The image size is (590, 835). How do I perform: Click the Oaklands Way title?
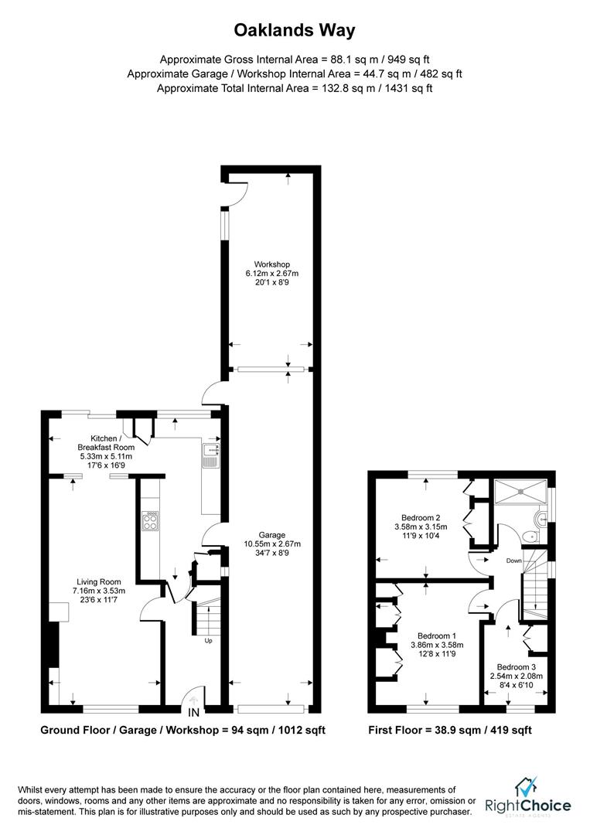pyautogui.click(x=295, y=31)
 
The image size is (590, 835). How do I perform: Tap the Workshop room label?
pyautogui.click(x=267, y=264)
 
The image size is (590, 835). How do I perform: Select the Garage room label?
pyautogui.click(x=272, y=534)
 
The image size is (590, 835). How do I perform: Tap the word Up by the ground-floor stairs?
pyautogui.click(x=207, y=641)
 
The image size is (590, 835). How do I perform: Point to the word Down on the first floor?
pyautogui.click(x=515, y=560)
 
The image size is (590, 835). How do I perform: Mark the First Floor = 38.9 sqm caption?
pyautogui.click(x=449, y=730)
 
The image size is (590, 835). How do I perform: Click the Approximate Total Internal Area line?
pyautogui.click(x=295, y=88)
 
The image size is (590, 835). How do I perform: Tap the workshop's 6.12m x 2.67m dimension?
pyautogui.click(x=267, y=273)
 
